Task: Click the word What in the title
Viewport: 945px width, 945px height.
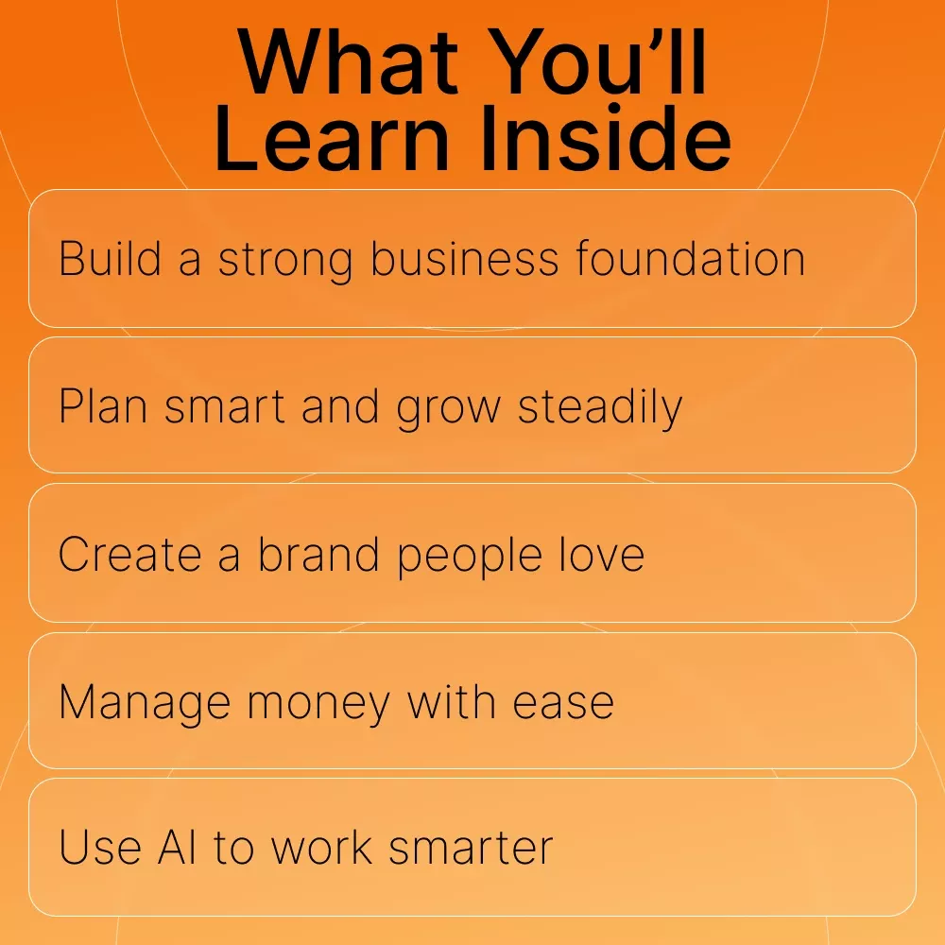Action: coord(347,62)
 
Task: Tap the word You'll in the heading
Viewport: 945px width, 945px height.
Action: coord(596,62)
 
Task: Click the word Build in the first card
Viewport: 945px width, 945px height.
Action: coord(111,259)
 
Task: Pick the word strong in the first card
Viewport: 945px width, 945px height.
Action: coord(285,262)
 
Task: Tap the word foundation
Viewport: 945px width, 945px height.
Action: coord(690,259)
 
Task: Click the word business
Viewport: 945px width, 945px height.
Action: coord(465,259)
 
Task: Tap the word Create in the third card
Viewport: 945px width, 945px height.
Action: coord(129,554)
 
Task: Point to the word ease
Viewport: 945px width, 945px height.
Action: coord(563,703)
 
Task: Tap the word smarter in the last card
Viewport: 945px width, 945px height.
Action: coord(471,849)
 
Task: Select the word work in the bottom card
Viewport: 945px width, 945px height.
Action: coord(321,847)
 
